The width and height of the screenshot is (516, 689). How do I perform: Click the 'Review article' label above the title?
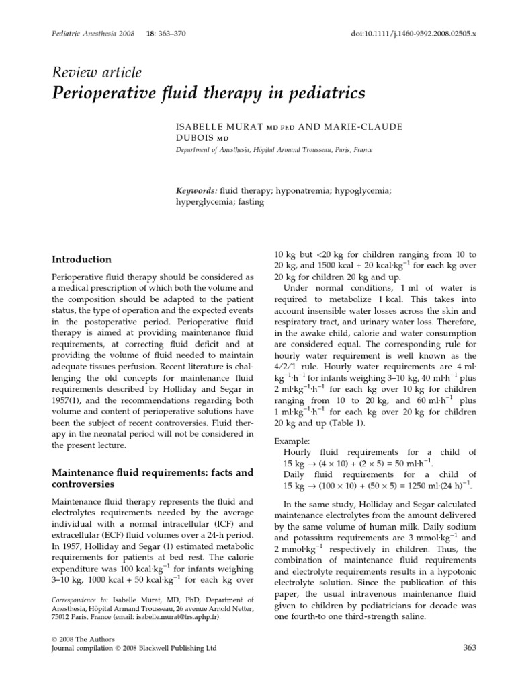97,73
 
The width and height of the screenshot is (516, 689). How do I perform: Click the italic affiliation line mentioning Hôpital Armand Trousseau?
274,151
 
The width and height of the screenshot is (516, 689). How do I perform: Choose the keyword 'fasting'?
249,202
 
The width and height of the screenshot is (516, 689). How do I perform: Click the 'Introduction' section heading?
82,259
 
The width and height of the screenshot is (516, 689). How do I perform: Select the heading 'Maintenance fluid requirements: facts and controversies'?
143,479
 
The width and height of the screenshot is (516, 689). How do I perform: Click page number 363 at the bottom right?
470,647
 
